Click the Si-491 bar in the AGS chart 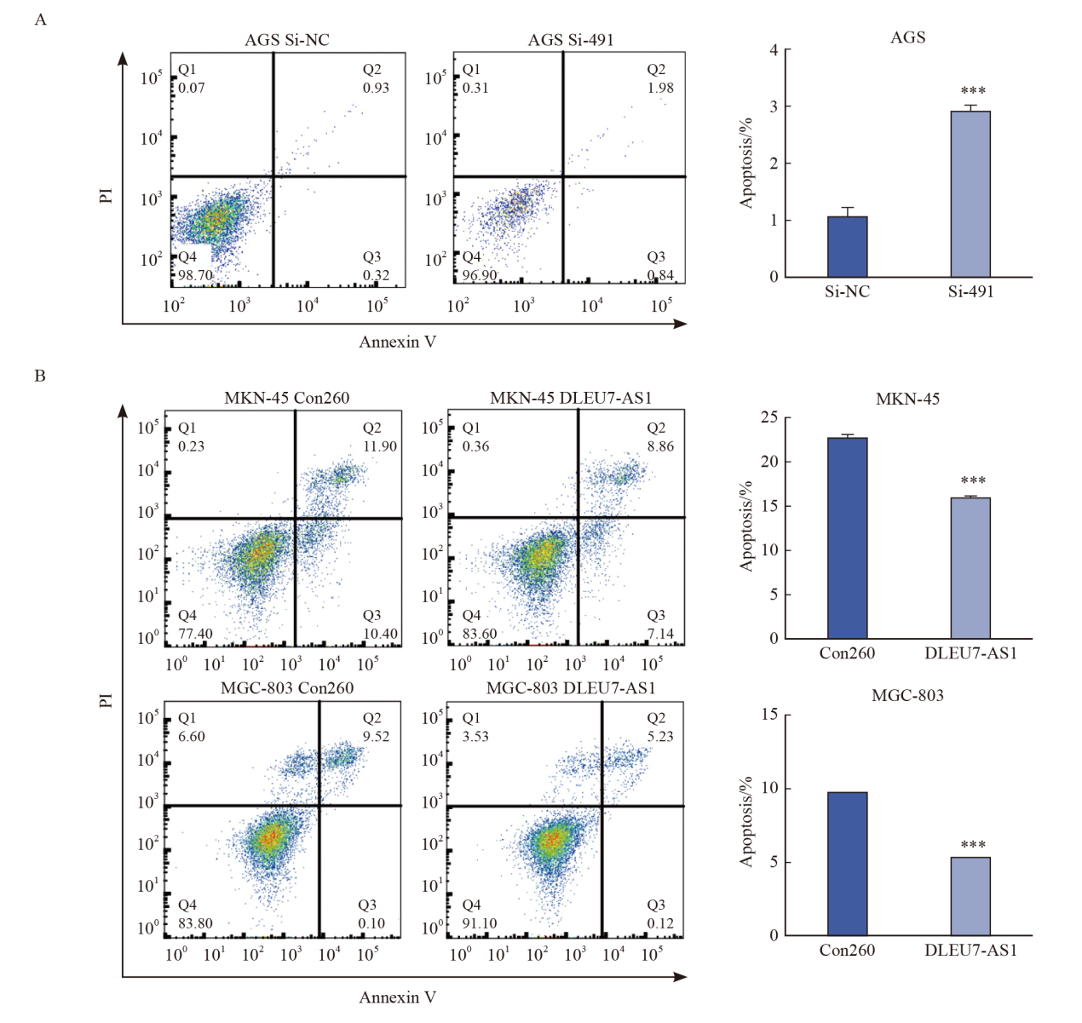tap(970, 194)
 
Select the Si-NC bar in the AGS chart tap(847, 247)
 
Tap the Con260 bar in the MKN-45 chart tap(847, 538)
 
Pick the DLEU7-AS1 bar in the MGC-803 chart tap(970, 896)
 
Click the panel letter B tap(40, 376)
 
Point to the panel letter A tap(40, 20)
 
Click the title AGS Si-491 tap(570, 40)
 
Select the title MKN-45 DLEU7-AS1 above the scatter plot tap(570, 398)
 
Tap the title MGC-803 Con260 tap(287, 687)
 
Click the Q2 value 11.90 tap(380, 446)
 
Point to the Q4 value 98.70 tap(195, 275)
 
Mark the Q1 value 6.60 tap(191, 736)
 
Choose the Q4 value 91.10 tap(479, 923)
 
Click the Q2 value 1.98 tap(660, 88)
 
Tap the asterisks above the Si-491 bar tap(973, 91)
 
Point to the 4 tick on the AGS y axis tap(774, 50)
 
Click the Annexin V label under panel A tap(397, 342)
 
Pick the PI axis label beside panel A tap(106, 196)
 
